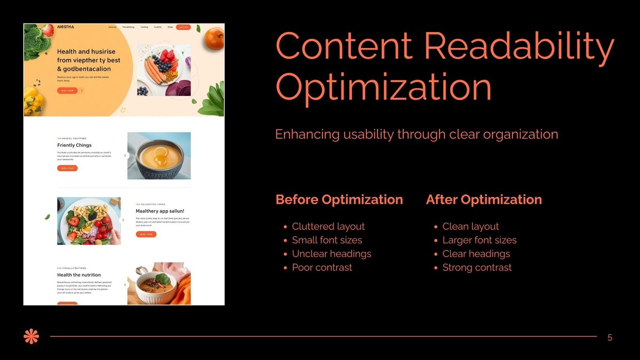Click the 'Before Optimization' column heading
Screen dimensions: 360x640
pyautogui.click(x=339, y=200)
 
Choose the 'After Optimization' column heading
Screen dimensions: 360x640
pyautogui.click(x=484, y=200)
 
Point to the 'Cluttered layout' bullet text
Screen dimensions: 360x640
pyautogui.click(x=328, y=227)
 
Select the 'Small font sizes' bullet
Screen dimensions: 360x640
pyautogui.click(x=327, y=240)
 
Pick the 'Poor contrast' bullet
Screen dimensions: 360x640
pyautogui.click(x=322, y=268)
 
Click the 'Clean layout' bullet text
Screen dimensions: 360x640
pyautogui.click(x=470, y=227)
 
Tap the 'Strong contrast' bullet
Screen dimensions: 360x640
pyautogui.click(x=477, y=268)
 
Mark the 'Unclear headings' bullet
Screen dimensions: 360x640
pyautogui.click(x=331, y=254)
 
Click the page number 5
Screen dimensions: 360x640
pyautogui.click(x=610, y=338)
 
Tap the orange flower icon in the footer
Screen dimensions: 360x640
pyautogui.click(x=31, y=337)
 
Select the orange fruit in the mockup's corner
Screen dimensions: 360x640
pyautogui.click(x=214, y=38)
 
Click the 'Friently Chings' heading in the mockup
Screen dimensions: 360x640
pyautogui.click(x=74, y=145)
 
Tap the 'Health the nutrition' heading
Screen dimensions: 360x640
pyautogui.click(x=79, y=275)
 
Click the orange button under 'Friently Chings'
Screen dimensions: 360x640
pyautogui.click(x=67, y=168)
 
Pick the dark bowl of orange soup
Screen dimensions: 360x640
pyautogui.click(x=159, y=156)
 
